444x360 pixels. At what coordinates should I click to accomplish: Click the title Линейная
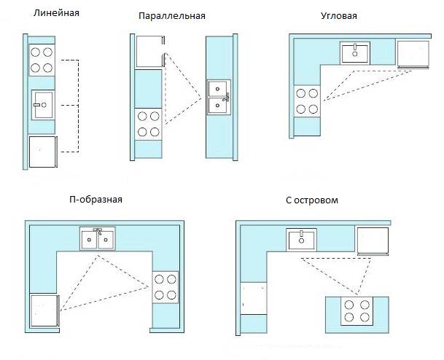[x=56, y=13]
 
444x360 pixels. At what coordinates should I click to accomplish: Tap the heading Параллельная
[x=172, y=16]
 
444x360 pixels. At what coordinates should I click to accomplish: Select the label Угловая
[x=339, y=16]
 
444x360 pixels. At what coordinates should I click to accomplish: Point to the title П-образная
[x=96, y=200]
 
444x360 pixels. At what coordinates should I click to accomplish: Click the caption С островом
[x=312, y=200]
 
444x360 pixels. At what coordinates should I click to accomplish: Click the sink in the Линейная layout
[x=43, y=105]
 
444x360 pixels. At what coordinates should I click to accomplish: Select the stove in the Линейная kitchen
[x=42, y=60]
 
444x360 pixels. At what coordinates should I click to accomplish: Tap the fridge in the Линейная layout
[x=43, y=152]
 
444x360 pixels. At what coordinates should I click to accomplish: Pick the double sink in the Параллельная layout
[x=219, y=97]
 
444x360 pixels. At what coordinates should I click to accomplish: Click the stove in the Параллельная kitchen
[x=148, y=124]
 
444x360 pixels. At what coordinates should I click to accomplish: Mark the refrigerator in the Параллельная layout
[x=150, y=51]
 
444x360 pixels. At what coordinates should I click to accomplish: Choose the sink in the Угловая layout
[x=355, y=53]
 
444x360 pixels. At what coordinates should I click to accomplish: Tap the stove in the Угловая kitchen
[x=307, y=101]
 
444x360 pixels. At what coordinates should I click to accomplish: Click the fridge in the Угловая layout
[x=413, y=55]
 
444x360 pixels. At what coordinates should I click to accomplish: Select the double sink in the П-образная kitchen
[x=98, y=238]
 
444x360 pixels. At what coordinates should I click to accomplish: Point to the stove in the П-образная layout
[x=165, y=287]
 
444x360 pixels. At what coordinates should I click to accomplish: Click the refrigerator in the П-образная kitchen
[x=44, y=310]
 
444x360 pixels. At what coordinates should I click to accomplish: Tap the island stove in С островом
[x=357, y=310]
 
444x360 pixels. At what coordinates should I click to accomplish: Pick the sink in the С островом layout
[x=301, y=240]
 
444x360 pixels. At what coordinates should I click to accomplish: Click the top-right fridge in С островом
[x=373, y=240]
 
